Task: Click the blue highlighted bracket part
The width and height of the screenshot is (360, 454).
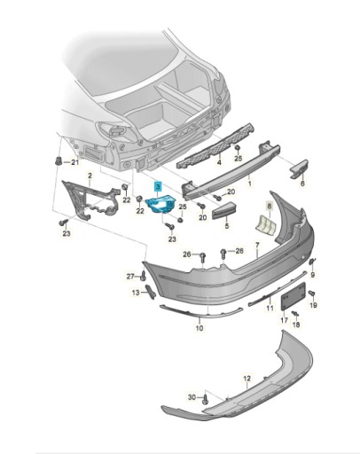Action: [160, 203]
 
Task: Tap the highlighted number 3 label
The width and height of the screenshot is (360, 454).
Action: [158, 186]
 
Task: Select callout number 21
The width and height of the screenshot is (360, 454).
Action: [75, 162]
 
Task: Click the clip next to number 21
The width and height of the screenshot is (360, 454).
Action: [59, 161]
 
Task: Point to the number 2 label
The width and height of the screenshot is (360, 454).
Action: [90, 176]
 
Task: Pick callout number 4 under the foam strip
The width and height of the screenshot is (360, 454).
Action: [219, 162]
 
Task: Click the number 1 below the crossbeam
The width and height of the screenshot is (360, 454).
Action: [250, 184]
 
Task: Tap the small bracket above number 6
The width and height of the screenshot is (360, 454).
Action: [299, 168]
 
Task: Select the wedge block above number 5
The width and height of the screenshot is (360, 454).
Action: [225, 209]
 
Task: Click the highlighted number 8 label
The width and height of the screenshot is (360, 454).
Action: [270, 206]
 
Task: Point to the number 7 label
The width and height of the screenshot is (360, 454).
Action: [257, 245]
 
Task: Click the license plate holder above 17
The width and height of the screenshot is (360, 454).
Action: [293, 296]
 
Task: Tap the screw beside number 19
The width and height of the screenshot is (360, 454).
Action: [312, 294]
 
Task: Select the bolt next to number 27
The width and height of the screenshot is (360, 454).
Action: [144, 277]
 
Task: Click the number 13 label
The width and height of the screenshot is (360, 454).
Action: [136, 293]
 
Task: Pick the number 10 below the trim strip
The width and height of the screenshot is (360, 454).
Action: [200, 328]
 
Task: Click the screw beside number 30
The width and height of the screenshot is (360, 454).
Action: [206, 399]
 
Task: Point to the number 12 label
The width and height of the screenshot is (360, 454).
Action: [247, 378]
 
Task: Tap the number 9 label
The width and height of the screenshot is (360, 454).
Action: [313, 275]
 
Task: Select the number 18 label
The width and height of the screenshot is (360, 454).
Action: [296, 325]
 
